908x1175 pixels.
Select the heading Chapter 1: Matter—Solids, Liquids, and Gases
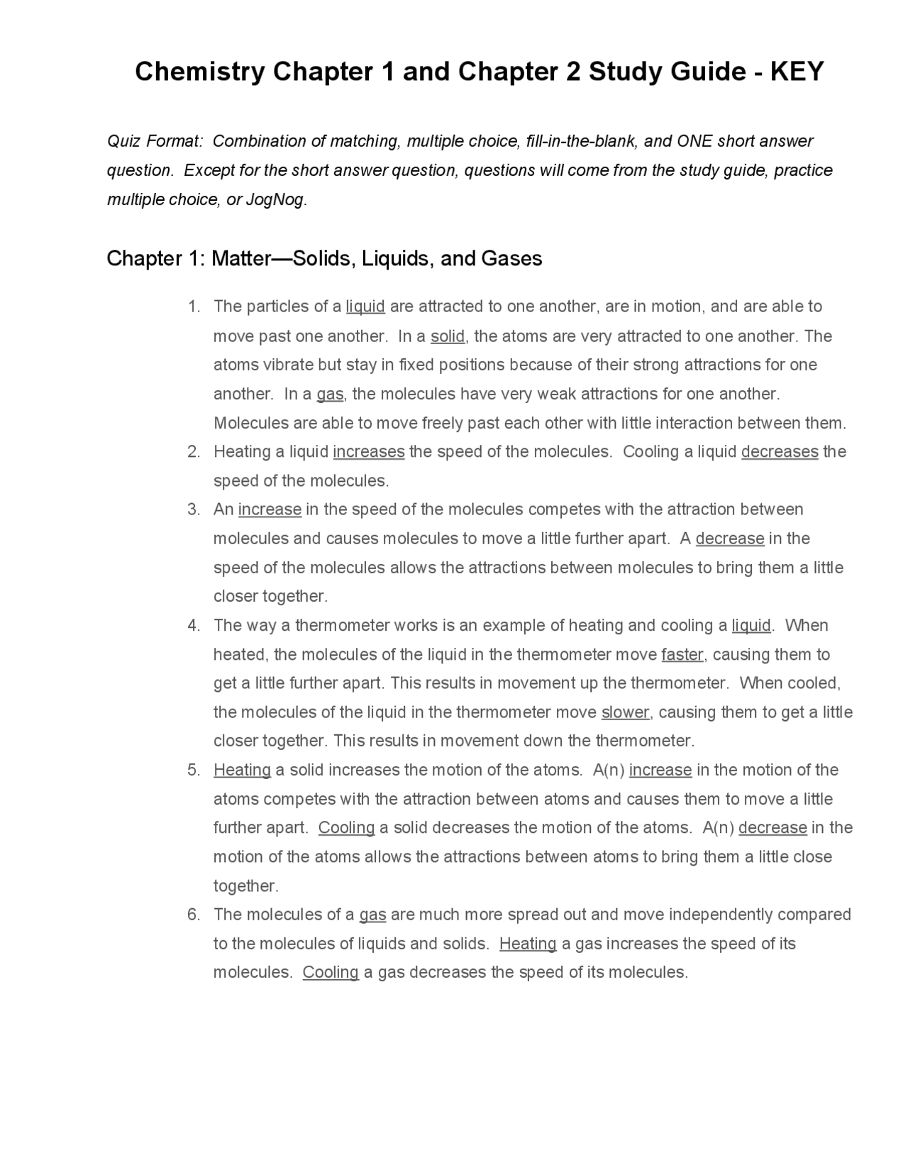pyautogui.click(x=324, y=258)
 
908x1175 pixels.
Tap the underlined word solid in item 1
pyautogui.click(x=448, y=336)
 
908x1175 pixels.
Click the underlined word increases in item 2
pyautogui.click(x=368, y=452)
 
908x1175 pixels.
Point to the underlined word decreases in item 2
pyautogui.click(x=780, y=452)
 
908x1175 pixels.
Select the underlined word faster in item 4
pyautogui.click(x=682, y=654)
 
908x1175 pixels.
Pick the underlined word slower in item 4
pyautogui.click(x=625, y=712)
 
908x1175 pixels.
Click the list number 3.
pyautogui.click(x=194, y=509)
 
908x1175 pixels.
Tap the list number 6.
pyautogui.click(x=194, y=915)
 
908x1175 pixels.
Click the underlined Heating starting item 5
pyautogui.click(x=242, y=770)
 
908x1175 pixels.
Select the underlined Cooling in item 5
pyautogui.click(x=346, y=828)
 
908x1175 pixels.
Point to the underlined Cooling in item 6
pyautogui.click(x=331, y=972)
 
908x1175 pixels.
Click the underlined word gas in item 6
pyautogui.click(x=372, y=915)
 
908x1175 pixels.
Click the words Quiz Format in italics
pyautogui.click(x=155, y=141)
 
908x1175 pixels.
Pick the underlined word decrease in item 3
pyautogui.click(x=729, y=539)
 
